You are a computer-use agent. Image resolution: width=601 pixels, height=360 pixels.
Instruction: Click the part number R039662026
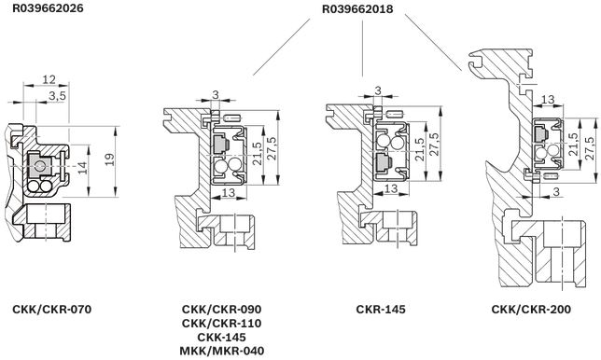[x=48, y=8]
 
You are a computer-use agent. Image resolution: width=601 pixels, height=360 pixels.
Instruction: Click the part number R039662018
[x=357, y=8]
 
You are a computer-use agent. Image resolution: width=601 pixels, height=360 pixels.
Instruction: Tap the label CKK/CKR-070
[x=51, y=309]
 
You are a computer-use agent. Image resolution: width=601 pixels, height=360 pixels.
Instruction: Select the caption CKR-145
[x=380, y=309]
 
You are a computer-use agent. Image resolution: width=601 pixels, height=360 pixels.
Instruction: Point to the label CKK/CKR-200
[x=531, y=309]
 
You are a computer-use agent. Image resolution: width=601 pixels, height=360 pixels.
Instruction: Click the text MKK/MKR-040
[x=221, y=350]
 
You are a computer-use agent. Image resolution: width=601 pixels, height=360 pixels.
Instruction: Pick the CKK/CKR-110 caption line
[x=221, y=323]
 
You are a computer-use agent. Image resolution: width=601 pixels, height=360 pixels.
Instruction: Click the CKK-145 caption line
[x=221, y=337]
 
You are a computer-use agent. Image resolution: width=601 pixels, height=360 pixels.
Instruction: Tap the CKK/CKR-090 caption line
[x=221, y=309]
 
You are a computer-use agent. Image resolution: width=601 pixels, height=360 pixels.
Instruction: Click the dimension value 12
[x=49, y=79]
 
